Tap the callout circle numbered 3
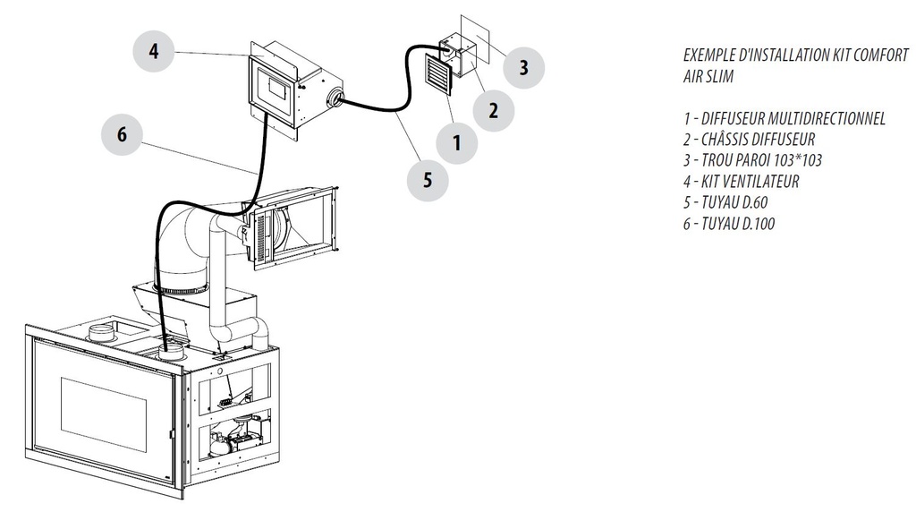pyautogui.click(x=523, y=66)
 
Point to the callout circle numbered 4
pyautogui.click(x=154, y=52)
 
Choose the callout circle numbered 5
pyautogui.click(x=428, y=179)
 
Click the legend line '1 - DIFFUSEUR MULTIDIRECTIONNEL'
pyautogui.click(x=784, y=118)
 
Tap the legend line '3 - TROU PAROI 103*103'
pyautogui.click(x=751, y=160)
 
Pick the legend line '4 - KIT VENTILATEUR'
pyautogui.click(x=741, y=181)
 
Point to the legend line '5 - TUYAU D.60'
pyautogui.click(x=725, y=202)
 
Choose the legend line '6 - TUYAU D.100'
pyautogui.click(x=728, y=224)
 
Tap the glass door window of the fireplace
pyautogui.click(x=103, y=414)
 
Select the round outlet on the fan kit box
pyautogui.click(x=335, y=99)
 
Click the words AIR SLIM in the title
pyautogui.click(x=708, y=77)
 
